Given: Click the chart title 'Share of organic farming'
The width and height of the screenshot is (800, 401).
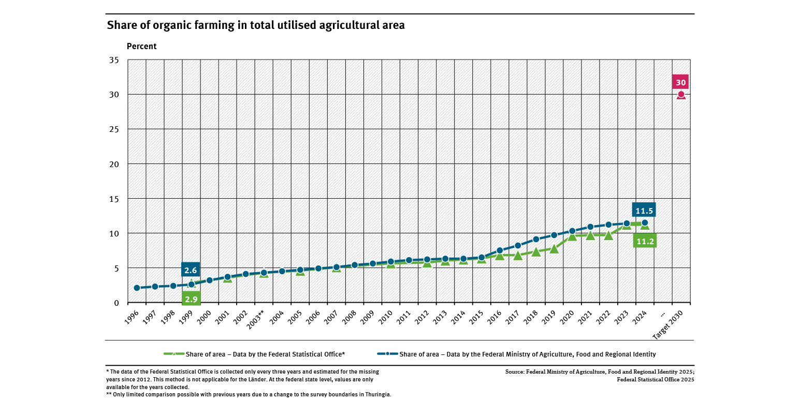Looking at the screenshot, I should [255, 25].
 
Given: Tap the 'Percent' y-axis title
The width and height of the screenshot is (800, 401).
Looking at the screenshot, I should [141, 47].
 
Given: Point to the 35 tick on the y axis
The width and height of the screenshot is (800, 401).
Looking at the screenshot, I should [114, 60].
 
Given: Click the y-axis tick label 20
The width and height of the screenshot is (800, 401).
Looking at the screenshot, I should [114, 164].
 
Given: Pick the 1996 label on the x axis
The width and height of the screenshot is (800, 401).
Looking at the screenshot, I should [132, 317].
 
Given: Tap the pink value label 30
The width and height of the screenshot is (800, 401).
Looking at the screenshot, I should [681, 82].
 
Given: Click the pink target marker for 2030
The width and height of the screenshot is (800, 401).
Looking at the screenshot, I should [681, 95].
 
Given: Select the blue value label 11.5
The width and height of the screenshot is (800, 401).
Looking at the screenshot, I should [644, 210].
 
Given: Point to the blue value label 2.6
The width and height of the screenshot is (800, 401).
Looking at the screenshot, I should [191, 270].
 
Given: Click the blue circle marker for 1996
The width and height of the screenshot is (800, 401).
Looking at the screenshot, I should [137, 288].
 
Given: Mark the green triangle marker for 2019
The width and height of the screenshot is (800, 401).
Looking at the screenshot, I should [554, 248].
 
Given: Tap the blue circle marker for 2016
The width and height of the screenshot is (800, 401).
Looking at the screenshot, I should [500, 250].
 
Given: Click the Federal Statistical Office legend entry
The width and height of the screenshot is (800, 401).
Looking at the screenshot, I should [254, 354].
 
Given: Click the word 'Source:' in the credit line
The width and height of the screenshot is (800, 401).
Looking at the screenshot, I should [515, 372].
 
